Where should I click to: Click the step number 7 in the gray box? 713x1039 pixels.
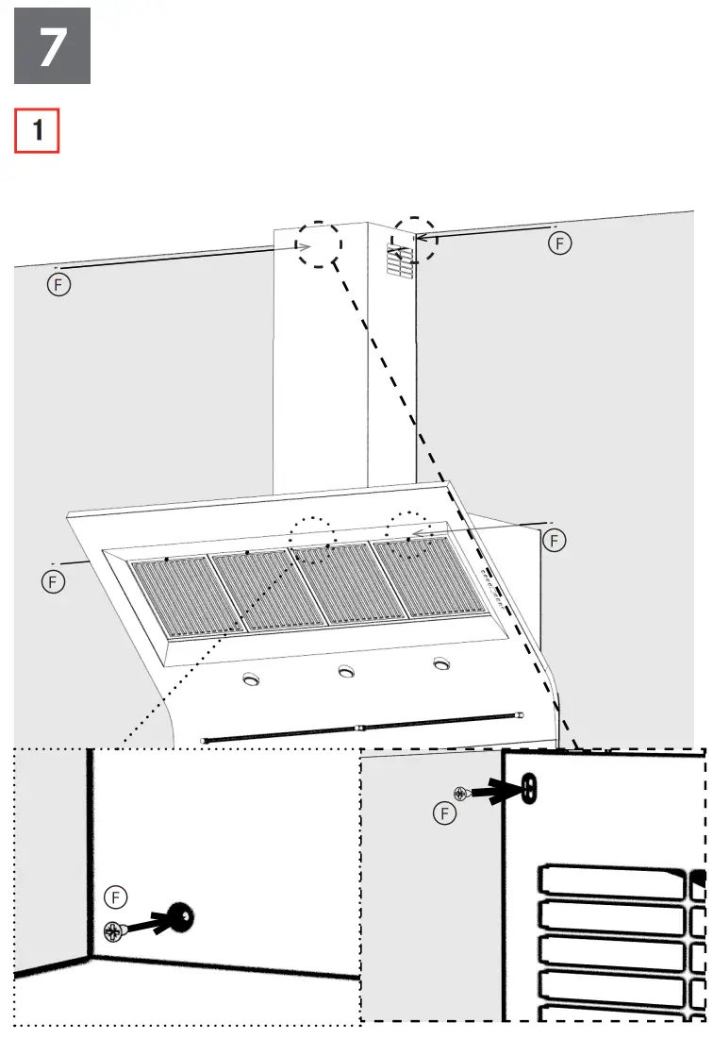coord(52,46)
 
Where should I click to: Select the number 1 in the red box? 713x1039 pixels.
coord(38,131)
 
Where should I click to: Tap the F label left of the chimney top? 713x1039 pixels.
coord(58,285)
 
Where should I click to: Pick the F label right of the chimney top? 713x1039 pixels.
coord(560,243)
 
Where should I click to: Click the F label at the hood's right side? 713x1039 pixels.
coord(555,540)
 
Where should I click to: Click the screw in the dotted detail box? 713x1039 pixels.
coord(115,932)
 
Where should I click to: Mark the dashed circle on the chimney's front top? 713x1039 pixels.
coord(318,245)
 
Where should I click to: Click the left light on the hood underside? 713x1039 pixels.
coord(251,679)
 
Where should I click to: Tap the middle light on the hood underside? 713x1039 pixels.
coord(346,671)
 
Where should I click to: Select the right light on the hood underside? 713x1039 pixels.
coord(440,663)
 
